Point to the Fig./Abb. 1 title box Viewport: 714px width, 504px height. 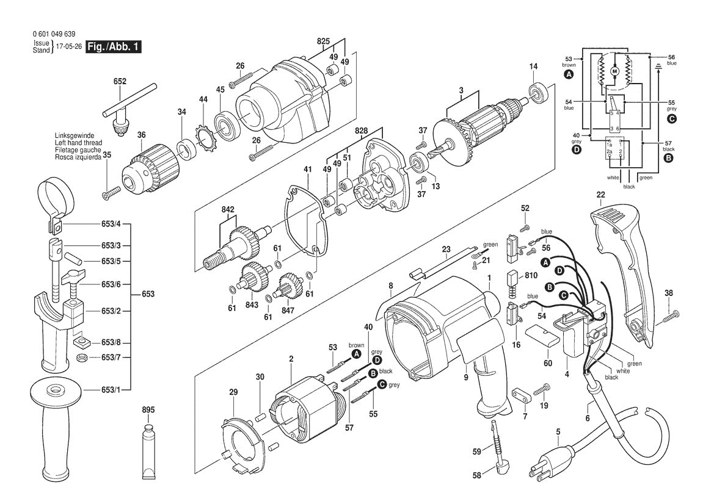pos(114,47)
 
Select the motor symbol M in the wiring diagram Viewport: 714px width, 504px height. pos(614,71)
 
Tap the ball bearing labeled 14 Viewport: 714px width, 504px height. pos(540,91)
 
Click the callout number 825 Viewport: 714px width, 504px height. pos(323,41)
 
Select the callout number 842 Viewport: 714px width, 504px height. pos(228,209)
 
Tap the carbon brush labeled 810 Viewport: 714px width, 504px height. pos(512,278)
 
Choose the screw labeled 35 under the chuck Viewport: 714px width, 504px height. pos(109,194)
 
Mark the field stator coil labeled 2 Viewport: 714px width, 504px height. pos(303,415)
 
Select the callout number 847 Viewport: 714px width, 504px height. pos(288,311)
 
